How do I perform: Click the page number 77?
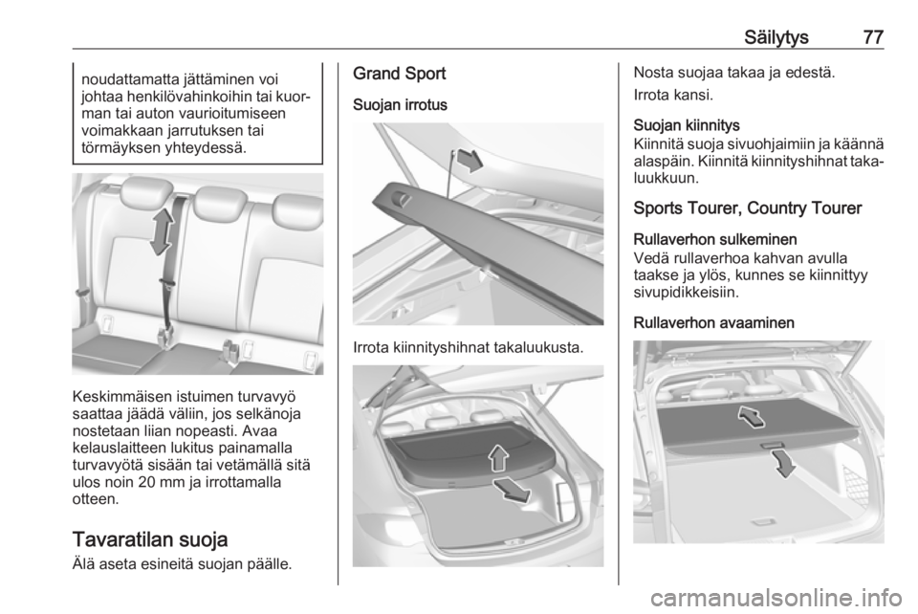(873, 37)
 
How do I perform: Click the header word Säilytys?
(776, 38)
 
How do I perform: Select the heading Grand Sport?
(400, 74)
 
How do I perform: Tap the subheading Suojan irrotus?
(400, 105)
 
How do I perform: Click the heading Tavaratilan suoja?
(150, 539)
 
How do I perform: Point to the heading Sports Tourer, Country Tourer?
(748, 208)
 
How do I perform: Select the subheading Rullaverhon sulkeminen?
(715, 239)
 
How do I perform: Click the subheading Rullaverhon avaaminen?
(713, 323)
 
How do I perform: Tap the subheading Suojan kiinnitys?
(687, 125)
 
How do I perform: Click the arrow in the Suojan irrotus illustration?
(470, 160)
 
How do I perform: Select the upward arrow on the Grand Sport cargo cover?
(498, 457)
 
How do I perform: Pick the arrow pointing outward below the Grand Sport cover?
(511, 490)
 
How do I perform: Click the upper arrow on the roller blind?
(752, 416)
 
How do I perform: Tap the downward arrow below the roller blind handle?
(783, 463)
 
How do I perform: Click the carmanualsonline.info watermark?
(776, 599)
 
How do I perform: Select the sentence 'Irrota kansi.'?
(673, 95)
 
